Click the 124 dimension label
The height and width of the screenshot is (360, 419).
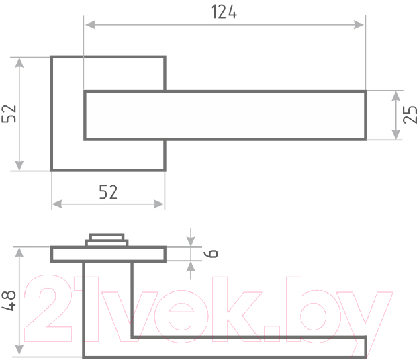click(x=224, y=12)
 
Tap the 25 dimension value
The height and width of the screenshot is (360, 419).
click(x=410, y=115)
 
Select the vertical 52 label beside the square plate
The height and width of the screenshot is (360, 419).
click(x=9, y=114)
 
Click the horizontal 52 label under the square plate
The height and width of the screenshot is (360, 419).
click(x=108, y=192)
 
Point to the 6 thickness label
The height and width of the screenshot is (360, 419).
click(x=211, y=253)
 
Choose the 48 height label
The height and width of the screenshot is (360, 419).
click(x=9, y=301)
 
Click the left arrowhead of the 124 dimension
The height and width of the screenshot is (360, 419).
click(x=91, y=25)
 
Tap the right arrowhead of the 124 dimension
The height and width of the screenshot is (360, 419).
click(x=359, y=25)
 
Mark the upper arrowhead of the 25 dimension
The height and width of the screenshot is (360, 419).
click(x=395, y=96)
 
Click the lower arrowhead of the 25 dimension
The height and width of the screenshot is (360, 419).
click(x=395, y=134)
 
